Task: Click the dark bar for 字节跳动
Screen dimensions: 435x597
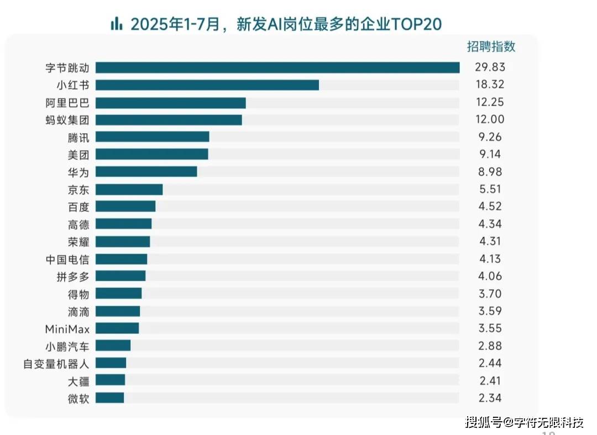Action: (x=277, y=67)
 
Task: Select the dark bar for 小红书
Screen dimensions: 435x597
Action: (x=207, y=85)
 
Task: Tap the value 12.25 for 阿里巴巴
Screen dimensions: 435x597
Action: (x=489, y=102)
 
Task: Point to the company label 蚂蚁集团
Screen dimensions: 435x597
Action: (x=67, y=120)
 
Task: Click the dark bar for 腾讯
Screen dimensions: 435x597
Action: (x=153, y=137)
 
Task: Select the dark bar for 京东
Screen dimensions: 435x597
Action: (x=129, y=190)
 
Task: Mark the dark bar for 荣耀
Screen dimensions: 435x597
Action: (x=123, y=242)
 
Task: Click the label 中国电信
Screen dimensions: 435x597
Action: (x=67, y=259)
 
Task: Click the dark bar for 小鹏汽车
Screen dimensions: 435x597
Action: (x=113, y=345)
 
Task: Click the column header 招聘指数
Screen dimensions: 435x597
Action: (x=491, y=46)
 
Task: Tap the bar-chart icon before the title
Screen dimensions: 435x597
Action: (x=116, y=24)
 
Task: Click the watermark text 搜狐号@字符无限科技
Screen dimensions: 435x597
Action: (x=524, y=423)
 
